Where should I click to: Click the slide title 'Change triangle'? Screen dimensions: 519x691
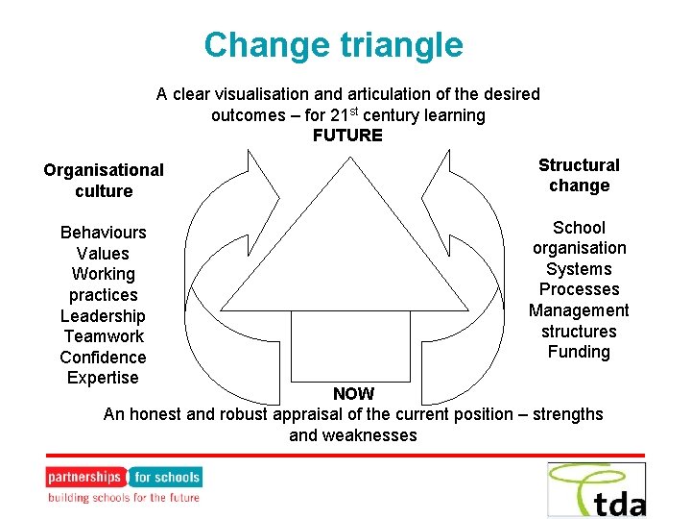333,45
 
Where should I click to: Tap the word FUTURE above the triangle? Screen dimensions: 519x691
347,136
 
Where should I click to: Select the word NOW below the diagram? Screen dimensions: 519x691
353,394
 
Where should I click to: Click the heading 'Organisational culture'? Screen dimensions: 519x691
104,181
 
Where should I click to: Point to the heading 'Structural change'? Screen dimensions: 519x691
579,176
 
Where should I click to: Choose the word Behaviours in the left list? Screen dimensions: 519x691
103,233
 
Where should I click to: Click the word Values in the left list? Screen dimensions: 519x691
103,254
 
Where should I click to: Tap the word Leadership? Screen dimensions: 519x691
103,316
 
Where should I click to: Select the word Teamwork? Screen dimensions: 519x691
103,336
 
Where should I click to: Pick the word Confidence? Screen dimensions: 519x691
103,358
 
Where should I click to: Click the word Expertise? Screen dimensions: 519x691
103,378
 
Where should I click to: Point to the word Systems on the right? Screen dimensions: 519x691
579,269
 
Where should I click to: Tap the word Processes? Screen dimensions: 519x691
579,289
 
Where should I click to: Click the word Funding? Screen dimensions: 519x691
579,352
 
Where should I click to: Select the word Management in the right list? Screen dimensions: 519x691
579,310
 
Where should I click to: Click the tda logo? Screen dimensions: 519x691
597,489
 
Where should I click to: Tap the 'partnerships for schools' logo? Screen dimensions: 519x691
124,484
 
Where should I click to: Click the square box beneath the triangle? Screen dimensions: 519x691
345,345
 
